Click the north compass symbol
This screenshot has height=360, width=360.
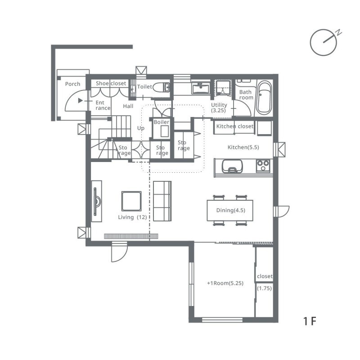pyautogui.click(x=324, y=42)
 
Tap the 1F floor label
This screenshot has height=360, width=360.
pyautogui.click(x=310, y=321)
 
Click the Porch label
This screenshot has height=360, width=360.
pyautogui.click(x=72, y=84)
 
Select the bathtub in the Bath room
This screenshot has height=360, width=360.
pyautogui.click(x=264, y=98)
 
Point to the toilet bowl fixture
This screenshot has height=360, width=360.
pyautogui.click(x=162, y=87)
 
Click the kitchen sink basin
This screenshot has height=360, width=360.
pyautogui.click(x=232, y=166)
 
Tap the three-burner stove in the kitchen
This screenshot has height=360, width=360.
pyautogui.click(x=263, y=166)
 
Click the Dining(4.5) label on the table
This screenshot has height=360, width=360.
pyautogui.click(x=230, y=210)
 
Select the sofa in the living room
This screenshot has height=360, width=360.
pyautogui.click(x=162, y=201)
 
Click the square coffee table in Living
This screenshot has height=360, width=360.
pyautogui.click(x=131, y=201)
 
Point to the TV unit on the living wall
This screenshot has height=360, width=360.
pyautogui.click(x=97, y=201)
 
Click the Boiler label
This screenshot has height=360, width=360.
pyautogui.click(x=162, y=122)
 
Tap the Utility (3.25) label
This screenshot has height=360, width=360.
pyautogui.click(x=219, y=108)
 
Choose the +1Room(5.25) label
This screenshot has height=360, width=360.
pyautogui.click(x=225, y=283)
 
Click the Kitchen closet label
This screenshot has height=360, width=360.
pyautogui.click(x=234, y=126)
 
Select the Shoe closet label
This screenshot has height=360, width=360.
pyautogui.click(x=111, y=83)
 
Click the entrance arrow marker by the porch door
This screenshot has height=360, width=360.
pyautogui.click(x=81, y=100)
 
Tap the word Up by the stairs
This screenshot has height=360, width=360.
pyautogui.click(x=141, y=128)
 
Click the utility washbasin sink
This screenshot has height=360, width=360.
pyautogui.click(x=201, y=88)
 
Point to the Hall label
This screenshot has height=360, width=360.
pyautogui.click(x=128, y=106)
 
